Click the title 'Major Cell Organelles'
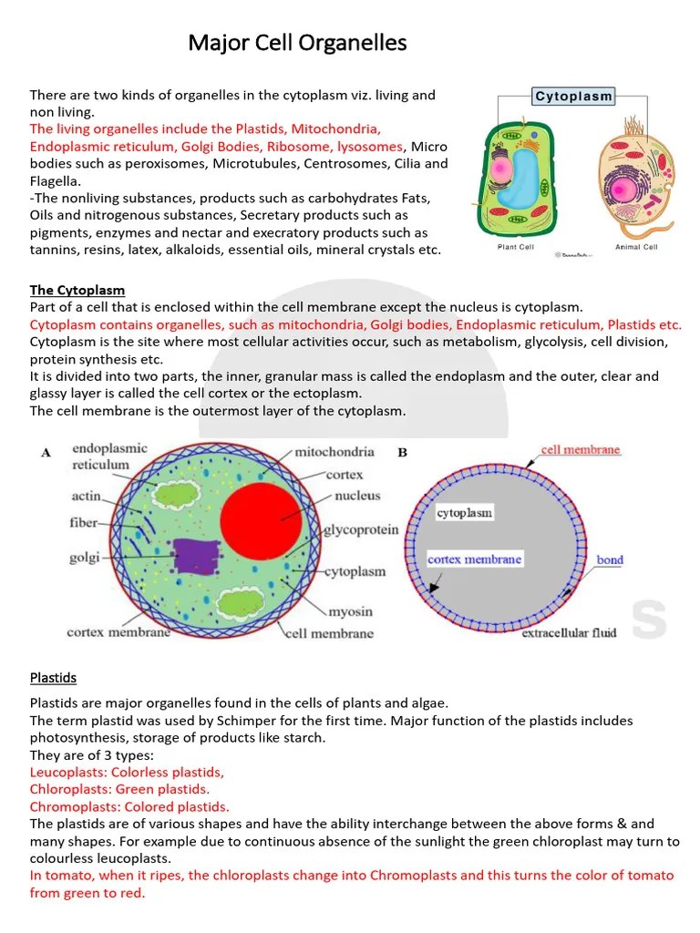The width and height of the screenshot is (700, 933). pos(297,43)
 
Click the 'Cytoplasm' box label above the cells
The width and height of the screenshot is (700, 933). pos(573,97)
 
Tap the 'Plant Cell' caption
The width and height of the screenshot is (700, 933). pos(515,247)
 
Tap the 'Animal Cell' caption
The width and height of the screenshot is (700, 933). pos(635,247)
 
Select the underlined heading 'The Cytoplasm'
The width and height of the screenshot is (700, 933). pos(77,291)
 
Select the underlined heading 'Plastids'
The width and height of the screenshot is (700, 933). pos(53,678)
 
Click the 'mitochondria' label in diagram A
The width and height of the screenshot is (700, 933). pos(334,452)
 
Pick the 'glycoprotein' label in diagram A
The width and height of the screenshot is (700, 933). pos(361,530)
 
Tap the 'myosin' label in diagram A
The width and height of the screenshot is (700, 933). pos(349,611)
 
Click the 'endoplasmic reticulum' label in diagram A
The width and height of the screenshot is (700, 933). pos(110,456)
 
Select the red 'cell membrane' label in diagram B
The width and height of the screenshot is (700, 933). pos(581,450)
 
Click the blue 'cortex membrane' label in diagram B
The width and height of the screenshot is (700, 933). pos(474,559)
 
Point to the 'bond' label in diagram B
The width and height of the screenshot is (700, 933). pos(610,559)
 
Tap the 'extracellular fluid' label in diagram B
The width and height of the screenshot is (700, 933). pos(569,632)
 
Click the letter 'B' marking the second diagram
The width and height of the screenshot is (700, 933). pos(403,452)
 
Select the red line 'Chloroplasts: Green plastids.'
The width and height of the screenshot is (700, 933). pos(119,789)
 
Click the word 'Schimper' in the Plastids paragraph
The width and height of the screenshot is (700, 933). pos(257,721)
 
